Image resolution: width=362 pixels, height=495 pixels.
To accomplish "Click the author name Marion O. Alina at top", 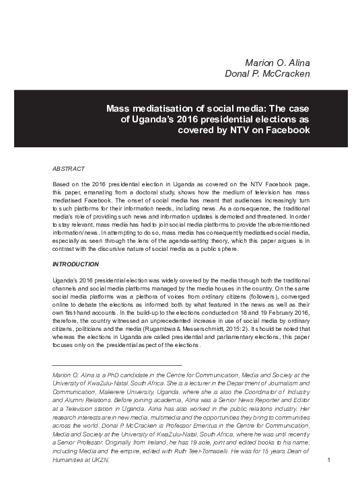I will (277, 63).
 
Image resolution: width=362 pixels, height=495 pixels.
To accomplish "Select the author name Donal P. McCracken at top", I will (267, 74).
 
